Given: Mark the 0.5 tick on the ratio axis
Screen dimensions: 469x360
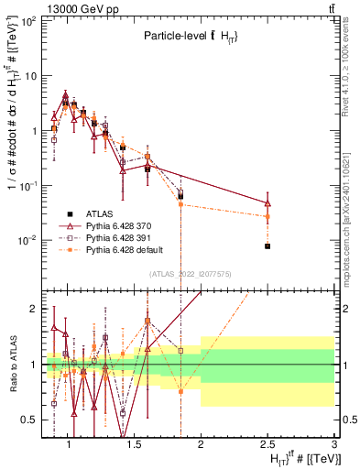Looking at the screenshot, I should point(30,420).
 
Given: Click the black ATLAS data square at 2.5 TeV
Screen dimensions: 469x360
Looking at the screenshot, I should point(267,246).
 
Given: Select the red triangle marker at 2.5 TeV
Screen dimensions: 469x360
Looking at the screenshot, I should point(267,202).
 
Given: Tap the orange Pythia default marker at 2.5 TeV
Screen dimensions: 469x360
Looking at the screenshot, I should point(267,216).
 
